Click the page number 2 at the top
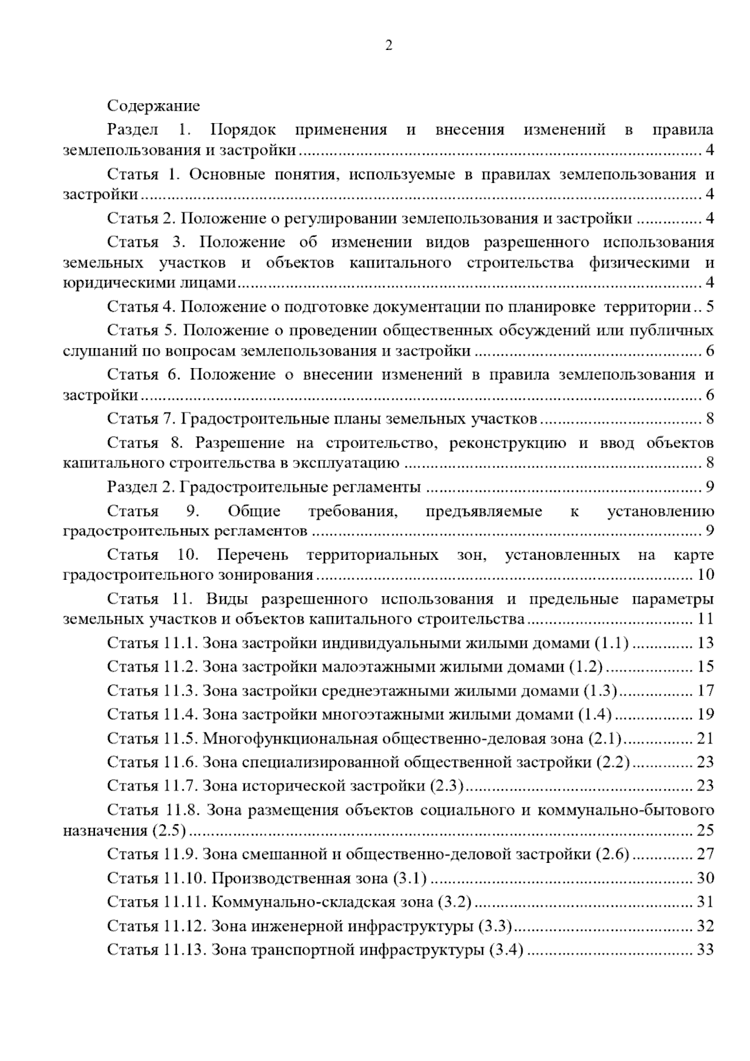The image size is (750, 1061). tap(389, 45)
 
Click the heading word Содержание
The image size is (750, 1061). tap(153, 106)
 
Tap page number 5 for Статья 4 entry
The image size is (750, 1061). tap(709, 307)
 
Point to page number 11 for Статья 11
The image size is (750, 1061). tap(706, 619)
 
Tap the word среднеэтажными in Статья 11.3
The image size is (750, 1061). tap(386, 690)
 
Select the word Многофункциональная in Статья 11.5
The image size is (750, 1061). tap(289, 739)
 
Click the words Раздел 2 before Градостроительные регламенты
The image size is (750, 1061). tap(134, 487)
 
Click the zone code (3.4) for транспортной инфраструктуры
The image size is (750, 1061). tap(507, 950)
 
